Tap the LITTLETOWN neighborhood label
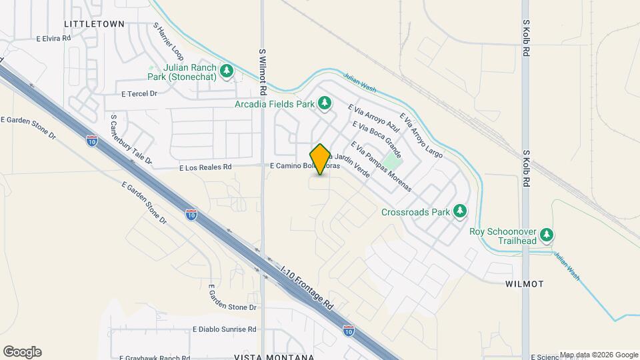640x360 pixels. pos(94,23)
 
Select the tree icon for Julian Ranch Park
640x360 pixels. pos(227,71)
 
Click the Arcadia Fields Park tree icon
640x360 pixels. pos(325,103)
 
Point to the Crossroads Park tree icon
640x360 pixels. pos(459,212)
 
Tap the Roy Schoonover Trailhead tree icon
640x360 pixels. pos(547,234)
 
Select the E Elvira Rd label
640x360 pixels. pos(53,39)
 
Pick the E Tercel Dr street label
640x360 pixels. pos(139,94)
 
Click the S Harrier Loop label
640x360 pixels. pos(168,41)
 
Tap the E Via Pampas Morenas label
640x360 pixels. pos(381,168)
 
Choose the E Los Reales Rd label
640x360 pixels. pos(205,167)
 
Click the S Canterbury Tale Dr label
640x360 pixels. pos(131,140)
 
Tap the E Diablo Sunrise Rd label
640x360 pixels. pos(225,329)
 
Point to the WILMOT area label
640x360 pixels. pos(525,284)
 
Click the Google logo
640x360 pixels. pos(22,352)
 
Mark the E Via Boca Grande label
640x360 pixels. pos(377,135)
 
